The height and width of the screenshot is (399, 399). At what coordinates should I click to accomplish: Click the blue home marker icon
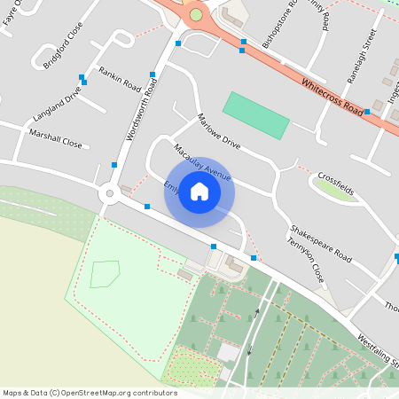tap(199, 191)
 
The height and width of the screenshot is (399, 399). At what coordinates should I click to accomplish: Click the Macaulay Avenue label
tap(202, 162)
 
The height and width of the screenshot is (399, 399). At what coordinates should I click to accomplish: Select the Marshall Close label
tap(55, 142)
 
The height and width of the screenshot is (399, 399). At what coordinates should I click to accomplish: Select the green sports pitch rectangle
tap(255, 114)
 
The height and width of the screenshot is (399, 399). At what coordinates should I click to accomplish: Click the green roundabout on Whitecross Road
tap(196, 15)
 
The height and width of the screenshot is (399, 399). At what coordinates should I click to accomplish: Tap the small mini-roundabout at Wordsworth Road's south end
tap(109, 192)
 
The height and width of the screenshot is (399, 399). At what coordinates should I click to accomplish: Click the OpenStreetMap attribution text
tap(90, 393)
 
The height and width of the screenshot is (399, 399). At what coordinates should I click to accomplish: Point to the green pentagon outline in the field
tap(104, 274)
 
